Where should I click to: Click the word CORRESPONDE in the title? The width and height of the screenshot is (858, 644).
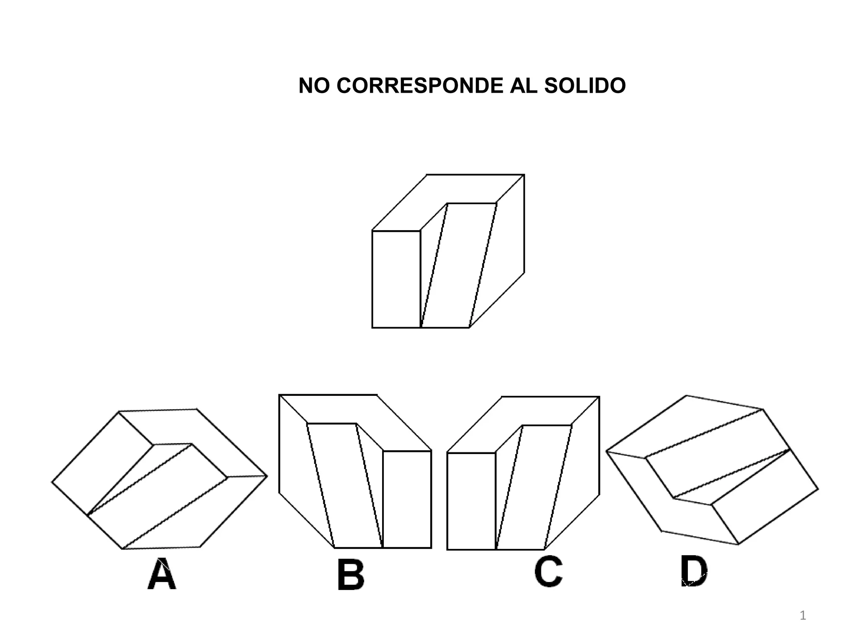point(420,86)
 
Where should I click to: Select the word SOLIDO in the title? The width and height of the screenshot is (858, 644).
point(585,86)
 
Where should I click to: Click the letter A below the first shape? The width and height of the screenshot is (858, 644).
point(162,574)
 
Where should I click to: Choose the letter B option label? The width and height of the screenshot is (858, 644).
point(351,576)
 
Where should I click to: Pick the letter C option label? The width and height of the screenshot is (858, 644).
point(548,572)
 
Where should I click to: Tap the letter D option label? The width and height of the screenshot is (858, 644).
point(694,571)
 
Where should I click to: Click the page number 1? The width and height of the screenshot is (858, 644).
point(803,616)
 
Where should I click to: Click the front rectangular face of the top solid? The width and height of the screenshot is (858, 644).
point(396,279)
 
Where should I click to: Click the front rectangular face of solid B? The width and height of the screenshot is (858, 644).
point(407,499)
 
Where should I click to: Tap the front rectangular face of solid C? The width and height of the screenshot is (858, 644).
point(471,501)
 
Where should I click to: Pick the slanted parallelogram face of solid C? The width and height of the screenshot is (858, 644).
point(534,486)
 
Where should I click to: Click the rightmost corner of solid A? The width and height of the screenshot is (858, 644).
point(267,476)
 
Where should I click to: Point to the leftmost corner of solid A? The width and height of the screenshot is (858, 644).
point(52,482)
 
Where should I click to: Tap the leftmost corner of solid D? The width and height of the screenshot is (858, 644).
point(606,452)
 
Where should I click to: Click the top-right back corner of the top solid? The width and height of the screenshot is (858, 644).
point(524,175)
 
